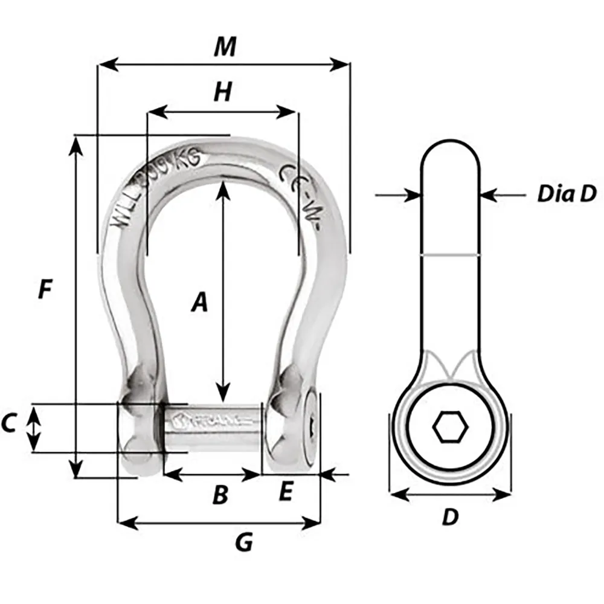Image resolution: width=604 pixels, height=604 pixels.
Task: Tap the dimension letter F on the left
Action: (x=44, y=290)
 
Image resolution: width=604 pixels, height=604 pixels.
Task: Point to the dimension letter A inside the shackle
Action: (x=199, y=303)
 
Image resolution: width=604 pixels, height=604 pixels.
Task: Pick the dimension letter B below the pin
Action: (x=220, y=496)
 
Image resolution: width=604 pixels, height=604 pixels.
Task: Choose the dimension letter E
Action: (x=285, y=493)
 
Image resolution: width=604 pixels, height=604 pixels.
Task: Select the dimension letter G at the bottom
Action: (x=243, y=543)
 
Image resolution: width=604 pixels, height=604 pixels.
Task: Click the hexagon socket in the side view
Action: (x=450, y=428)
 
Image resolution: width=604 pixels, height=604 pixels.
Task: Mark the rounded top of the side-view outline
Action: (x=451, y=145)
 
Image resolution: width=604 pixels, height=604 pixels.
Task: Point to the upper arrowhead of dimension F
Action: (x=75, y=141)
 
